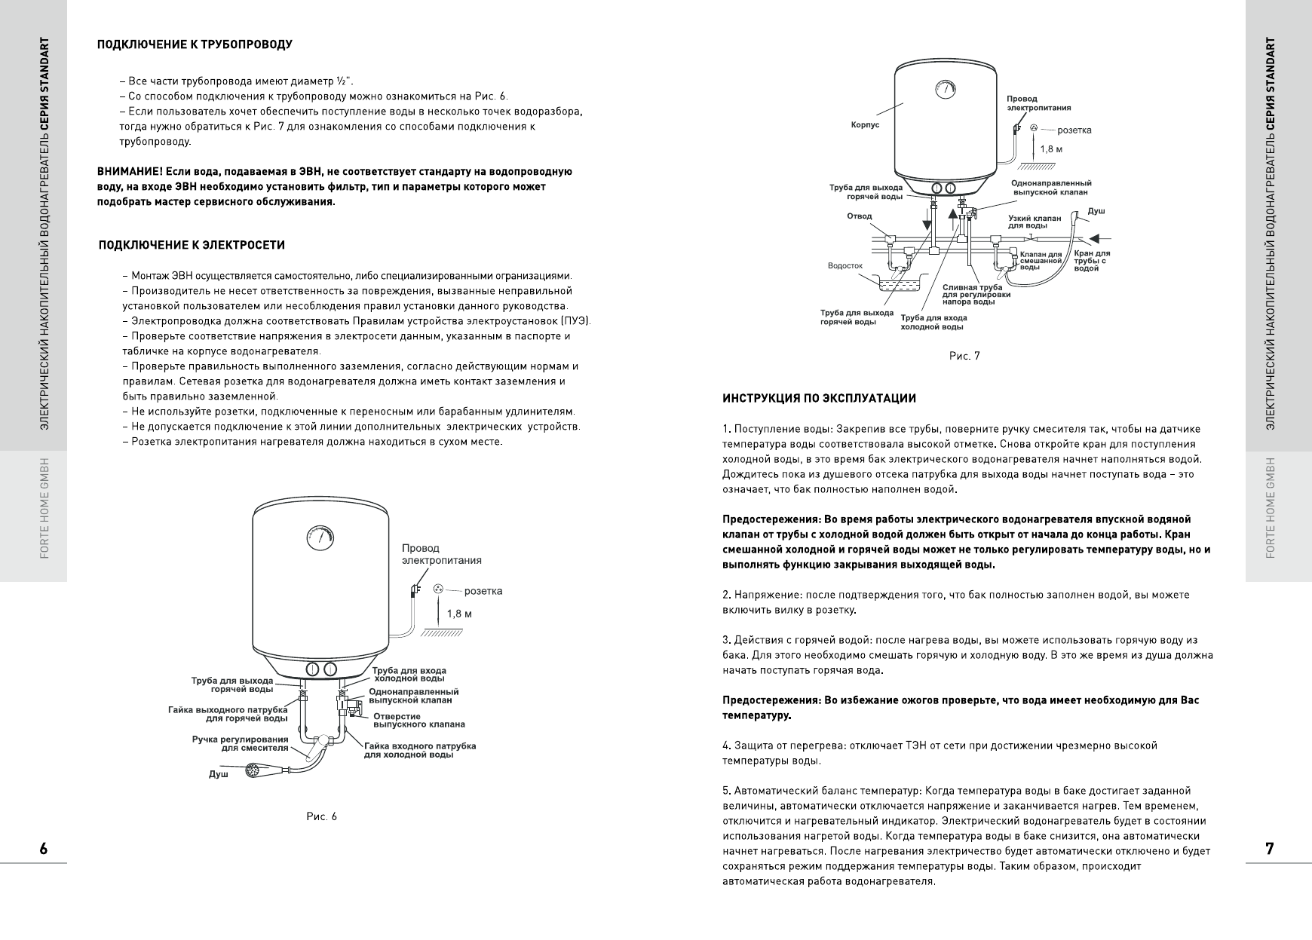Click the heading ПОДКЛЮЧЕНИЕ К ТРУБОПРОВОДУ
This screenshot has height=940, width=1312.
tap(195, 44)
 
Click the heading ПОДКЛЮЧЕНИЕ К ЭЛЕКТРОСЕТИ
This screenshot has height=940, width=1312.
tap(192, 246)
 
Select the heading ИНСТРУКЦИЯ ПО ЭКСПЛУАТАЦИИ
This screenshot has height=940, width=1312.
tap(819, 399)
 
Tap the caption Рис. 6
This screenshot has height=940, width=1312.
tap(322, 816)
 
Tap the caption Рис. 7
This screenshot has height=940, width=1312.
tap(964, 356)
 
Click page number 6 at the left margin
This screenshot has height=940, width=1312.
tap(43, 849)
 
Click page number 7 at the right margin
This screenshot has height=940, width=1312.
tap(1270, 849)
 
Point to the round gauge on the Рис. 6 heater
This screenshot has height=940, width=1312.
tap(318, 538)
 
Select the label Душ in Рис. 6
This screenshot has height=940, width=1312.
tap(218, 774)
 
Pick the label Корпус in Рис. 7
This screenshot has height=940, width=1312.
tap(865, 125)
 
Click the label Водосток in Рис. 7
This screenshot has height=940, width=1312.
tap(845, 266)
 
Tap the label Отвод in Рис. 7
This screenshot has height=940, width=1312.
tap(859, 216)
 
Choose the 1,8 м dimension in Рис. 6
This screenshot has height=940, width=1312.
tap(459, 614)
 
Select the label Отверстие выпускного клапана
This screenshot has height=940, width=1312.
tap(418, 720)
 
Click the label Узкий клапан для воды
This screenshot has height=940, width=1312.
tap(1035, 222)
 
